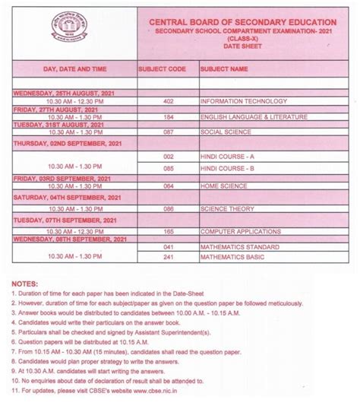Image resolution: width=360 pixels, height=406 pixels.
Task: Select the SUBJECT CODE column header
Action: (162, 69)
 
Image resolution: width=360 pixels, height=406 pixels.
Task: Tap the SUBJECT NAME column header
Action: (224, 69)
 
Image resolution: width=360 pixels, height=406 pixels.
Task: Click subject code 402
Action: (168, 101)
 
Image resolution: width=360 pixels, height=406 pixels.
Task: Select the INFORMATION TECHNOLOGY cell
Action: (244, 101)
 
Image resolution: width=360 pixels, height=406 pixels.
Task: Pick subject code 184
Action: (168, 117)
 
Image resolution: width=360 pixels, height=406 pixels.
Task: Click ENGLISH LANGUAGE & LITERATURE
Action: (254, 117)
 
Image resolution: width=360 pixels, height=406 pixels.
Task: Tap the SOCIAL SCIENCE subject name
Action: (226, 132)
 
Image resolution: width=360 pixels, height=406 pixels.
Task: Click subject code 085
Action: (168, 168)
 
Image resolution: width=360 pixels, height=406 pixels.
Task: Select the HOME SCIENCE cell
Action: (224, 185)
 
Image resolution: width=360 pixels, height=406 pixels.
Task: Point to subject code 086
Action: (168, 208)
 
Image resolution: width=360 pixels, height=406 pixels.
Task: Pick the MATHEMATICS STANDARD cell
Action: (240, 247)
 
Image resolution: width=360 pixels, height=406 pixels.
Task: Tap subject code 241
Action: (168, 258)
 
